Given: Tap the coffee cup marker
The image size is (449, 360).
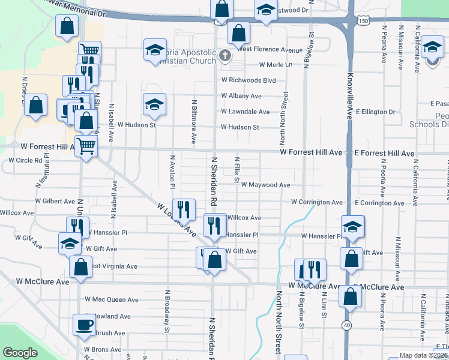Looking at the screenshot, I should (84, 325).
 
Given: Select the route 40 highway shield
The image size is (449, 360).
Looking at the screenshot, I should (347, 325).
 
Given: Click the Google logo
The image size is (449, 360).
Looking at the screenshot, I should (19, 353).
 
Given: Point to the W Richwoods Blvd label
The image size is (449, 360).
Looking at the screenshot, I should (248, 80).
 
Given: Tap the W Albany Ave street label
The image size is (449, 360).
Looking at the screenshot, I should (241, 96).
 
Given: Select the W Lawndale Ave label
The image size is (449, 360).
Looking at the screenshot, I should (245, 112).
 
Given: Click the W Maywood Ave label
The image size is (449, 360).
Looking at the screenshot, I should (266, 185).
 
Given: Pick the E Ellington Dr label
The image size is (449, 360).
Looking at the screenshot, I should (375, 112).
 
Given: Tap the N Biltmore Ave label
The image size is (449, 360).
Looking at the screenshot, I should (194, 122).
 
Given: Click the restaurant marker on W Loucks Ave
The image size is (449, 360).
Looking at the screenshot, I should (184, 209).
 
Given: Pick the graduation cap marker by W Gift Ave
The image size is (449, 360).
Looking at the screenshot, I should (70, 243).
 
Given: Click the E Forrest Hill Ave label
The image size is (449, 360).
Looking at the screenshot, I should (384, 154).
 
